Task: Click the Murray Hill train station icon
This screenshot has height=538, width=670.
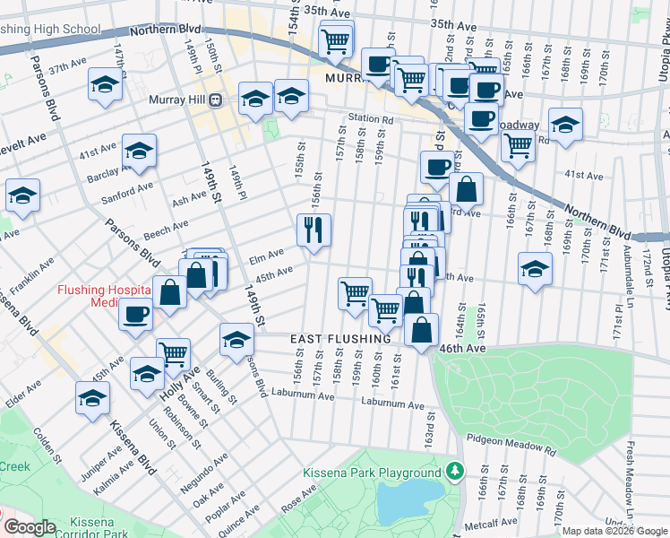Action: pos(215,100)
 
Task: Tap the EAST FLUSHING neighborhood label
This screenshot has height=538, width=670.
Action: pos(340,339)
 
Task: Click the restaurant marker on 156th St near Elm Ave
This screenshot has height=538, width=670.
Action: pos(314,231)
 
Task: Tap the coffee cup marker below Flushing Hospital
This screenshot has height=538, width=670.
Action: pos(135,316)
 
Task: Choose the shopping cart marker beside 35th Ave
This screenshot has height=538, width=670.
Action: pos(336,39)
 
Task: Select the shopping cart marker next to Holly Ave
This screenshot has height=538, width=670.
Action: pos(173,352)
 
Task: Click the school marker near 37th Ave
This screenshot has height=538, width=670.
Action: pos(106,86)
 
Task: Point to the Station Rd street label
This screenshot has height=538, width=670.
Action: pos(371,118)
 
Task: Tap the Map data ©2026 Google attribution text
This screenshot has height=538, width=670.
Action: pos(614,531)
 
